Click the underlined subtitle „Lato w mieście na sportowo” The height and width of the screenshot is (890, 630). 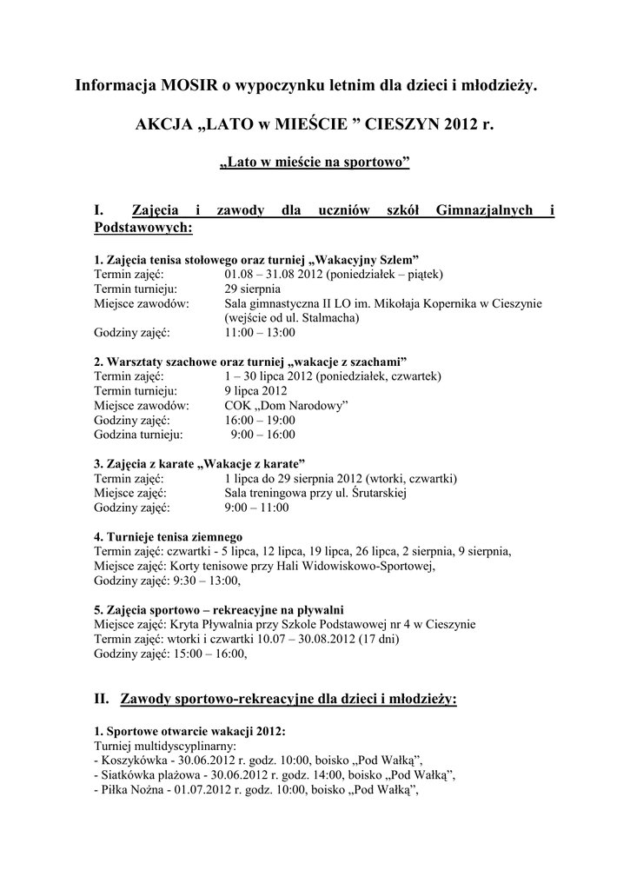315,163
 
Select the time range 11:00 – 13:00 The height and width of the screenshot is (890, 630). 260,332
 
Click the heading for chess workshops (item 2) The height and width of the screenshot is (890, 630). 251,361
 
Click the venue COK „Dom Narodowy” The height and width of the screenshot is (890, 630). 286,405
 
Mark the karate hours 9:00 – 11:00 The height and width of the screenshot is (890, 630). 256,508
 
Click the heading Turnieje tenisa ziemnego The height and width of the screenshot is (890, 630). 168,536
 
